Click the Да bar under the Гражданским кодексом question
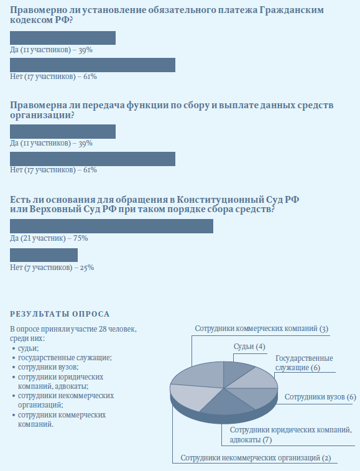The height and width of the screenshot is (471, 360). click(x=63, y=38)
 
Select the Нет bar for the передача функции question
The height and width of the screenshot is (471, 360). click(x=93, y=159)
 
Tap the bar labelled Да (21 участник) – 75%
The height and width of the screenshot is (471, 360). click(x=111, y=226)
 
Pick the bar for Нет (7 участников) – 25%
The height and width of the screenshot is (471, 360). click(x=44, y=255)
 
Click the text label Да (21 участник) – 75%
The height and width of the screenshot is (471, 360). click(x=49, y=238)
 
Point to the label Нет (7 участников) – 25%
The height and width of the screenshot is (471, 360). click(x=52, y=268)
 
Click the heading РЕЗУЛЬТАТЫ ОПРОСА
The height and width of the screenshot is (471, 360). click(x=60, y=314)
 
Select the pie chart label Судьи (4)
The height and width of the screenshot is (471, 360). click(x=249, y=347)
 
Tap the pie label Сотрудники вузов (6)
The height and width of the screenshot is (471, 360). click(x=320, y=397)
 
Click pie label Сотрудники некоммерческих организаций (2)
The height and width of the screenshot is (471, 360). click(x=256, y=458)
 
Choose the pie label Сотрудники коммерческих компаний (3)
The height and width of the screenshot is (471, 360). click(x=262, y=329)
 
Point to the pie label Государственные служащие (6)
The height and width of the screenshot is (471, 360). click(x=304, y=363)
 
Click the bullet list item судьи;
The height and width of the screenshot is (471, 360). click(x=29, y=349)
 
